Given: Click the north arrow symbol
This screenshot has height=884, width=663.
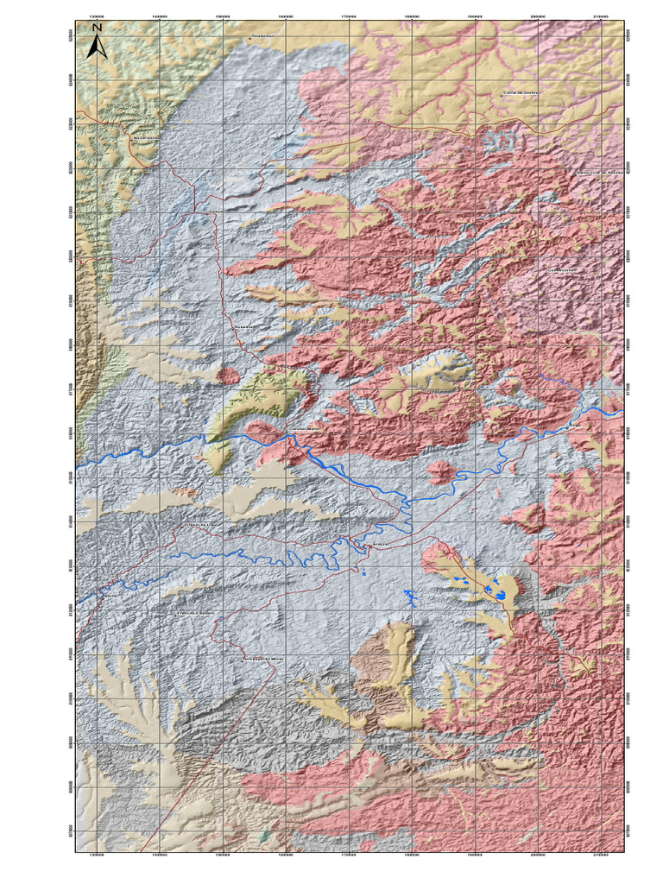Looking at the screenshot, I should [x=98, y=41].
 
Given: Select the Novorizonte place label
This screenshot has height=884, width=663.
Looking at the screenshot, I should [x=145, y=136].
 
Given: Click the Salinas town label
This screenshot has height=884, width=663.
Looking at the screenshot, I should [x=215, y=210].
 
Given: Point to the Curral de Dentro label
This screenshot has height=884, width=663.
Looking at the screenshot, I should [x=521, y=92].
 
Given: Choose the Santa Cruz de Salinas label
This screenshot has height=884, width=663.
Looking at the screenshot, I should [x=599, y=172].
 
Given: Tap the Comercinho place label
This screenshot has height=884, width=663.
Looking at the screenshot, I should [x=560, y=269].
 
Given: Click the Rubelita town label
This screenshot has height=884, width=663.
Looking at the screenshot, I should [x=245, y=327].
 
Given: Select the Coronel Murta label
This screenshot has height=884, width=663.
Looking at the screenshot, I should [x=303, y=429].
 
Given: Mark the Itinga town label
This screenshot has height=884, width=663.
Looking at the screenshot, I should [x=577, y=426].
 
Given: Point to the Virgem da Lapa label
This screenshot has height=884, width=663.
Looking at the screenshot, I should [x=203, y=524].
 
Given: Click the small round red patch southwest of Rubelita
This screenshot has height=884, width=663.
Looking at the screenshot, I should [x=229, y=376].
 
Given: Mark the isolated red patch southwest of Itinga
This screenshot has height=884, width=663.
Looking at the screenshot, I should [x=439, y=471].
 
